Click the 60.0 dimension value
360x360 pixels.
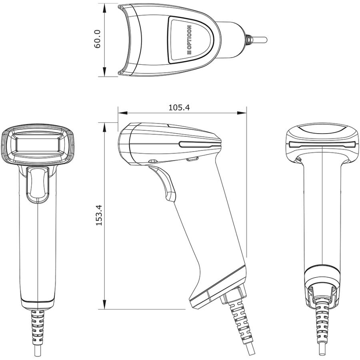pyautogui.click(x=97, y=39)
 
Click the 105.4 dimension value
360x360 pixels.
pyautogui.click(x=179, y=108)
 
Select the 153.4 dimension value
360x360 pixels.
pyautogui.click(x=99, y=215)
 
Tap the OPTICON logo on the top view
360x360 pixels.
pyautogui.click(x=189, y=40)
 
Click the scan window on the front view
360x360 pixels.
pyautogui.click(x=38, y=144)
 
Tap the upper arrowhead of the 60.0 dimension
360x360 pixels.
pyautogui.click(x=104, y=9)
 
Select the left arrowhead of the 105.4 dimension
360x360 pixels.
pyautogui.click(x=123, y=113)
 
